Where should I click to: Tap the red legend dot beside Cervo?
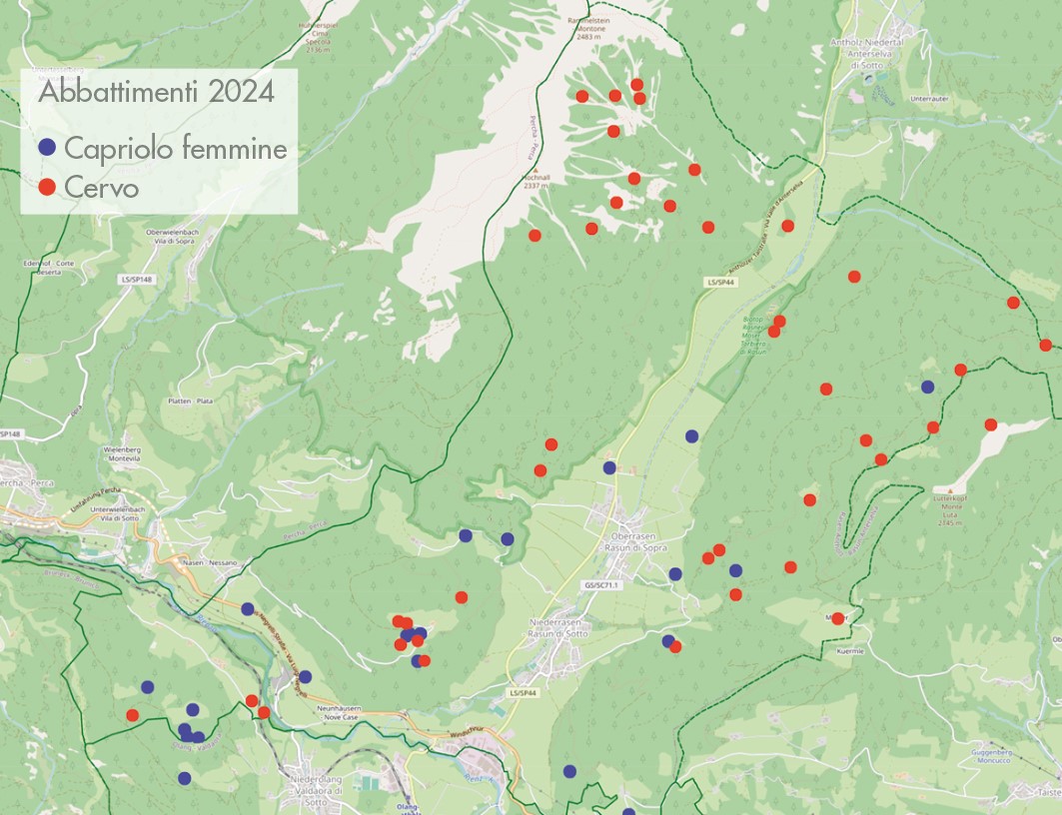tap(46, 187)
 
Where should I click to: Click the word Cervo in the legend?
tap(101, 187)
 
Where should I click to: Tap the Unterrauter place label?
tap(900, 99)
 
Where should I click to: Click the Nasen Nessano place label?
tap(208, 562)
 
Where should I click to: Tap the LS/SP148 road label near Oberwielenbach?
tap(135, 279)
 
